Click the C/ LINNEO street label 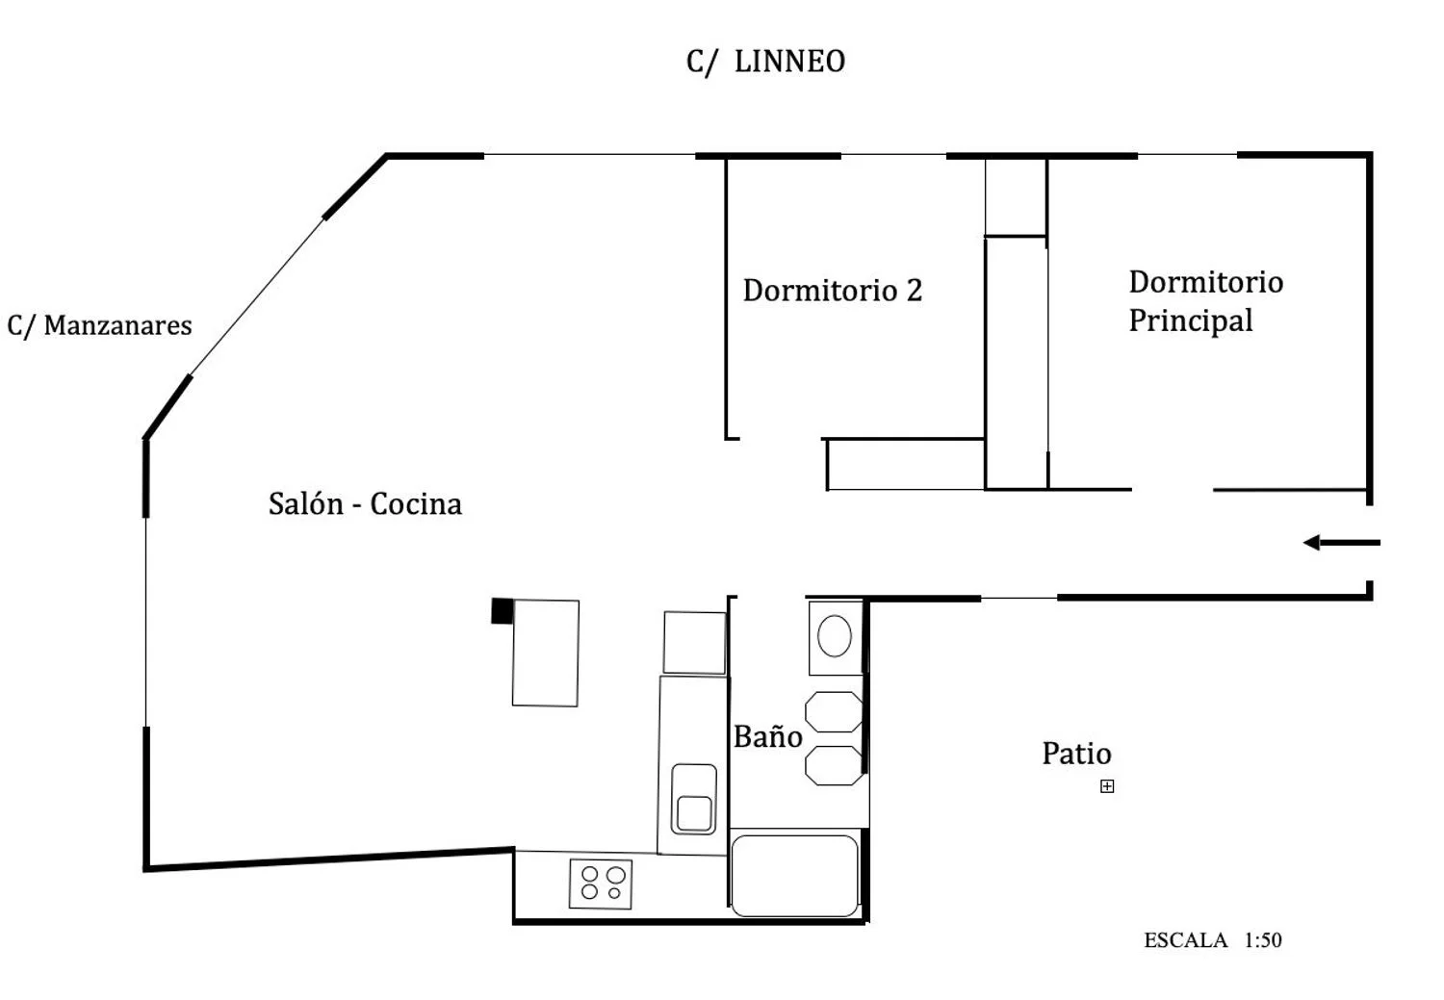pyautogui.click(x=765, y=62)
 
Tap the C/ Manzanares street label pyautogui.click(x=99, y=325)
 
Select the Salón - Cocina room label pyautogui.click(x=365, y=503)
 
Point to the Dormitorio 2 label pyautogui.click(x=832, y=290)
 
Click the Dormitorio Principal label pyautogui.click(x=1204, y=300)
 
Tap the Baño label pyautogui.click(x=767, y=736)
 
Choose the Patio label pyautogui.click(x=1076, y=753)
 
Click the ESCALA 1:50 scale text pyautogui.click(x=1212, y=940)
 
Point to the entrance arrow pyautogui.click(x=1341, y=543)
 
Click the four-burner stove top pyautogui.click(x=602, y=884)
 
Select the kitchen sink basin pyautogui.click(x=694, y=799)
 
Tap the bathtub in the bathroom pyautogui.click(x=794, y=876)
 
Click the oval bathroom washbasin pyautogui.click(x=835, y=636)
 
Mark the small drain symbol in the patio pyautogui.click(x=1107, y=786)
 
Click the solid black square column pyautogui.click(x=502, y=610)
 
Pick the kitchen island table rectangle pyautogui.click(x=546, y=653)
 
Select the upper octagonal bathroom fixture pyautogui.click(x=834, y=711)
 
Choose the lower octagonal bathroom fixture pyautogui.click(x=834, y=765)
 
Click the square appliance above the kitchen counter pyautogui.click(x=694, y=642)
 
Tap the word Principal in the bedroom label pyautogui.click(x=1191, y=321)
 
